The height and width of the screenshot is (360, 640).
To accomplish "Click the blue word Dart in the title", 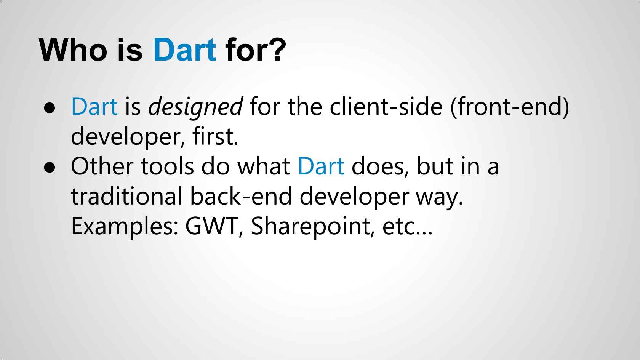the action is [185, 50].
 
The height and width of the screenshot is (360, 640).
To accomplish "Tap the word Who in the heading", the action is [73, 50].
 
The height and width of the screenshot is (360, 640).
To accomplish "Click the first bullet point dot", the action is [50, 108].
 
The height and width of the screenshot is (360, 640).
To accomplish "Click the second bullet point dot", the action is [50, 168].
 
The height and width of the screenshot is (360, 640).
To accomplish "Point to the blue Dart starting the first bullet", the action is [94, 106].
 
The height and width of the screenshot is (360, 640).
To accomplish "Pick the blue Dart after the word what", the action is [321, 166].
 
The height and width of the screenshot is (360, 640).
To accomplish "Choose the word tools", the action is [168, 166].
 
